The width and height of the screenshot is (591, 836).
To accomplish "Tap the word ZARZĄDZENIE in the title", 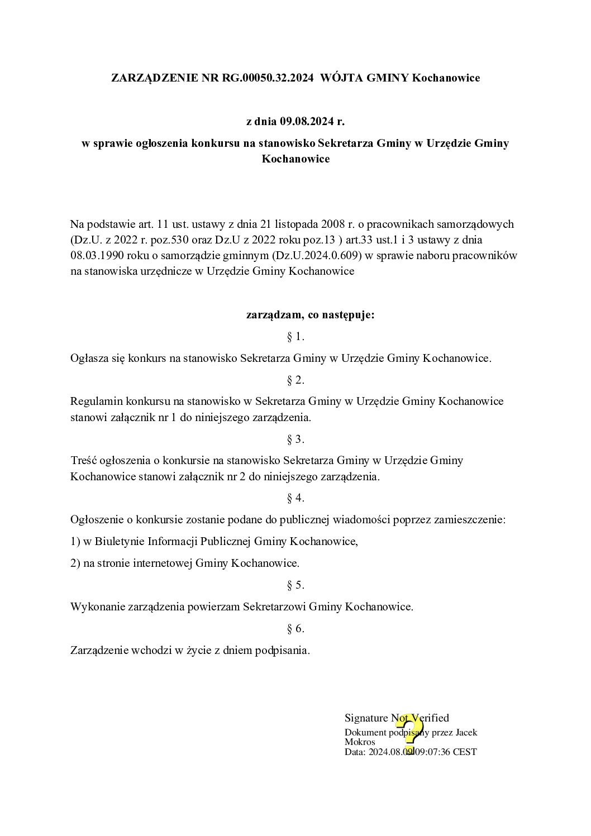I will click(x=155, y=78).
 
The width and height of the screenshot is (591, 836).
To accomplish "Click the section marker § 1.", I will click(x=295, y=337).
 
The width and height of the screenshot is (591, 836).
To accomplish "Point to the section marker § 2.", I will click(x=295, y=380).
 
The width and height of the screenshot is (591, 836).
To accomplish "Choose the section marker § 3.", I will click(x=295, y=440).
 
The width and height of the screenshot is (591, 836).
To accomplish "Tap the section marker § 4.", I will click(x=295, y=498).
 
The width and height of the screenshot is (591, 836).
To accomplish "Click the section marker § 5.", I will click(x=295, y=585).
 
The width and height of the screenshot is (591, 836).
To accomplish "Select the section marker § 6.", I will click(x=295, y=629).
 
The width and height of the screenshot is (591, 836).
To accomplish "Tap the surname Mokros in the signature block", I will click(x=360, y=742).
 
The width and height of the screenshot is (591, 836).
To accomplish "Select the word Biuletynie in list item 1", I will click(x=120, y=541).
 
